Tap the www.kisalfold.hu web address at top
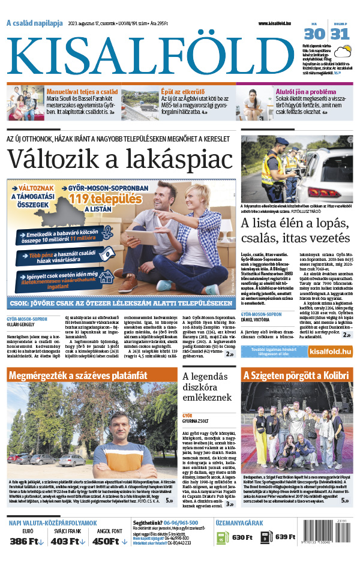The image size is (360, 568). tap(279, 23)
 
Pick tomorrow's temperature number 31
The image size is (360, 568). tap(340, 34)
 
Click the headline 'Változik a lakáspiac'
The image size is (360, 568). tap(119, 160)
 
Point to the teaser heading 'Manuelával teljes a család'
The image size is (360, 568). tap(82, 92)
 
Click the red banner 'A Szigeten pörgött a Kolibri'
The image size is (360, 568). tap(296, 375)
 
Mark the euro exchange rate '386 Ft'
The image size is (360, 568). tap(27, 542)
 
